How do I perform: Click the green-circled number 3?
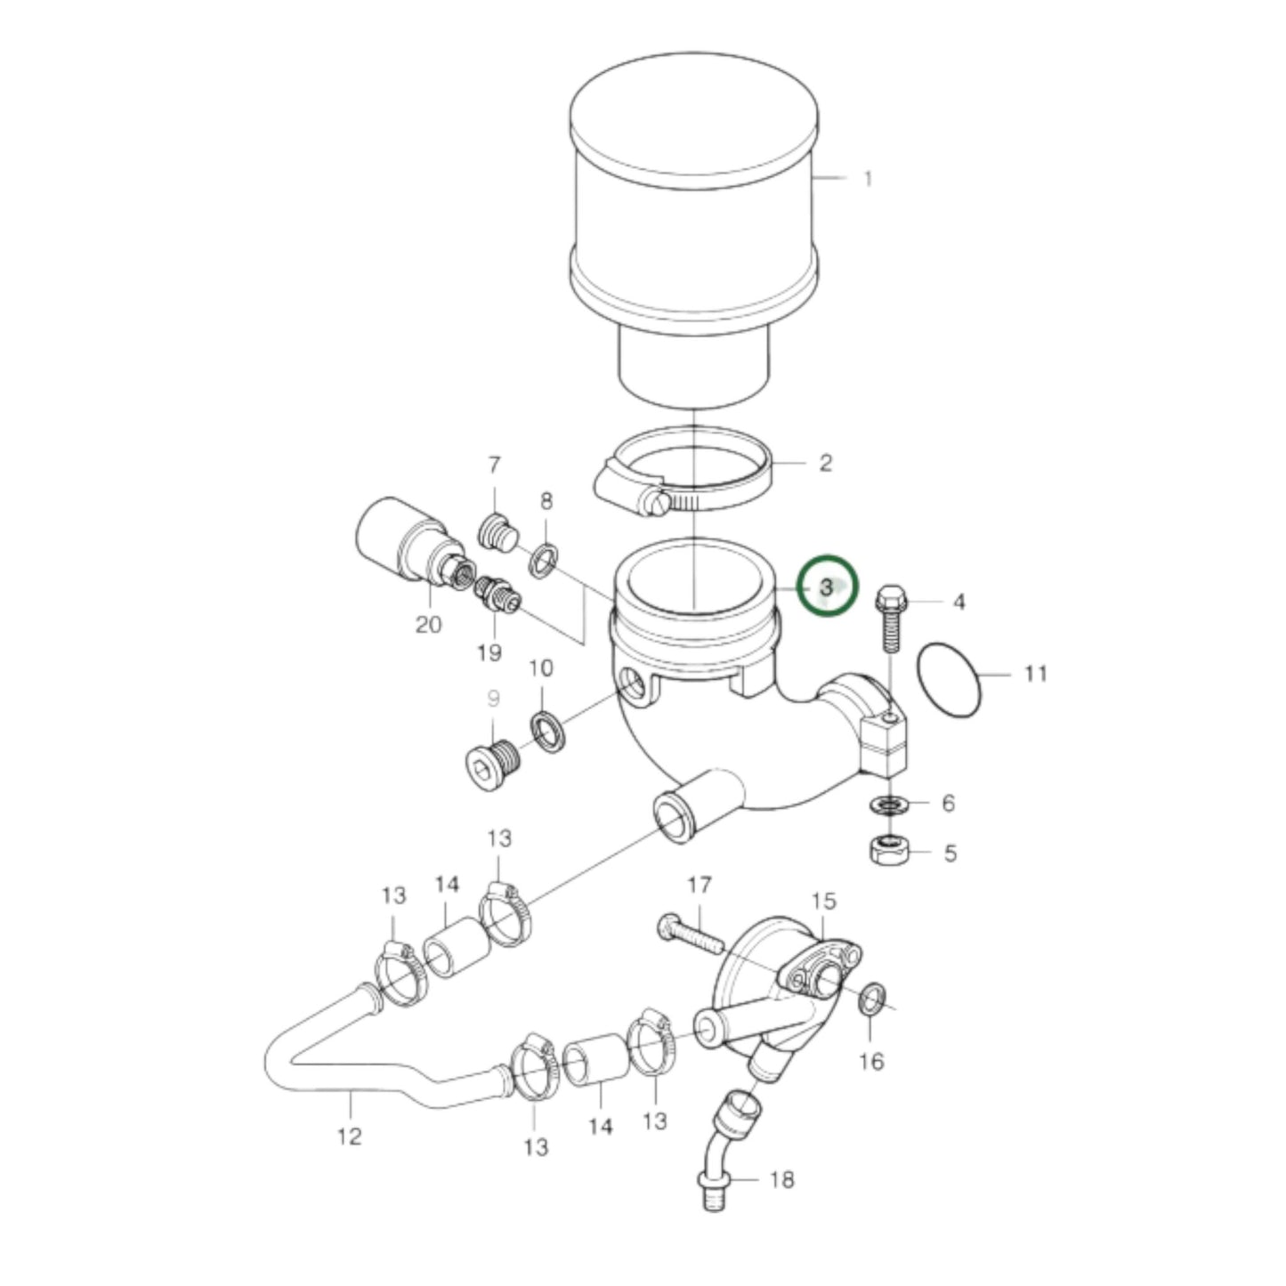tap(827, 586)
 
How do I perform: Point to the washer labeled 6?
tap(886, 805)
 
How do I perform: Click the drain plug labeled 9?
tap(492, 764)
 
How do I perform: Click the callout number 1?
tap(868, 179)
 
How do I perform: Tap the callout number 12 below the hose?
tap(350, 1136)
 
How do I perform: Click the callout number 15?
tap(824, 901)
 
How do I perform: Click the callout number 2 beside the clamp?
tap(825, 463)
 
